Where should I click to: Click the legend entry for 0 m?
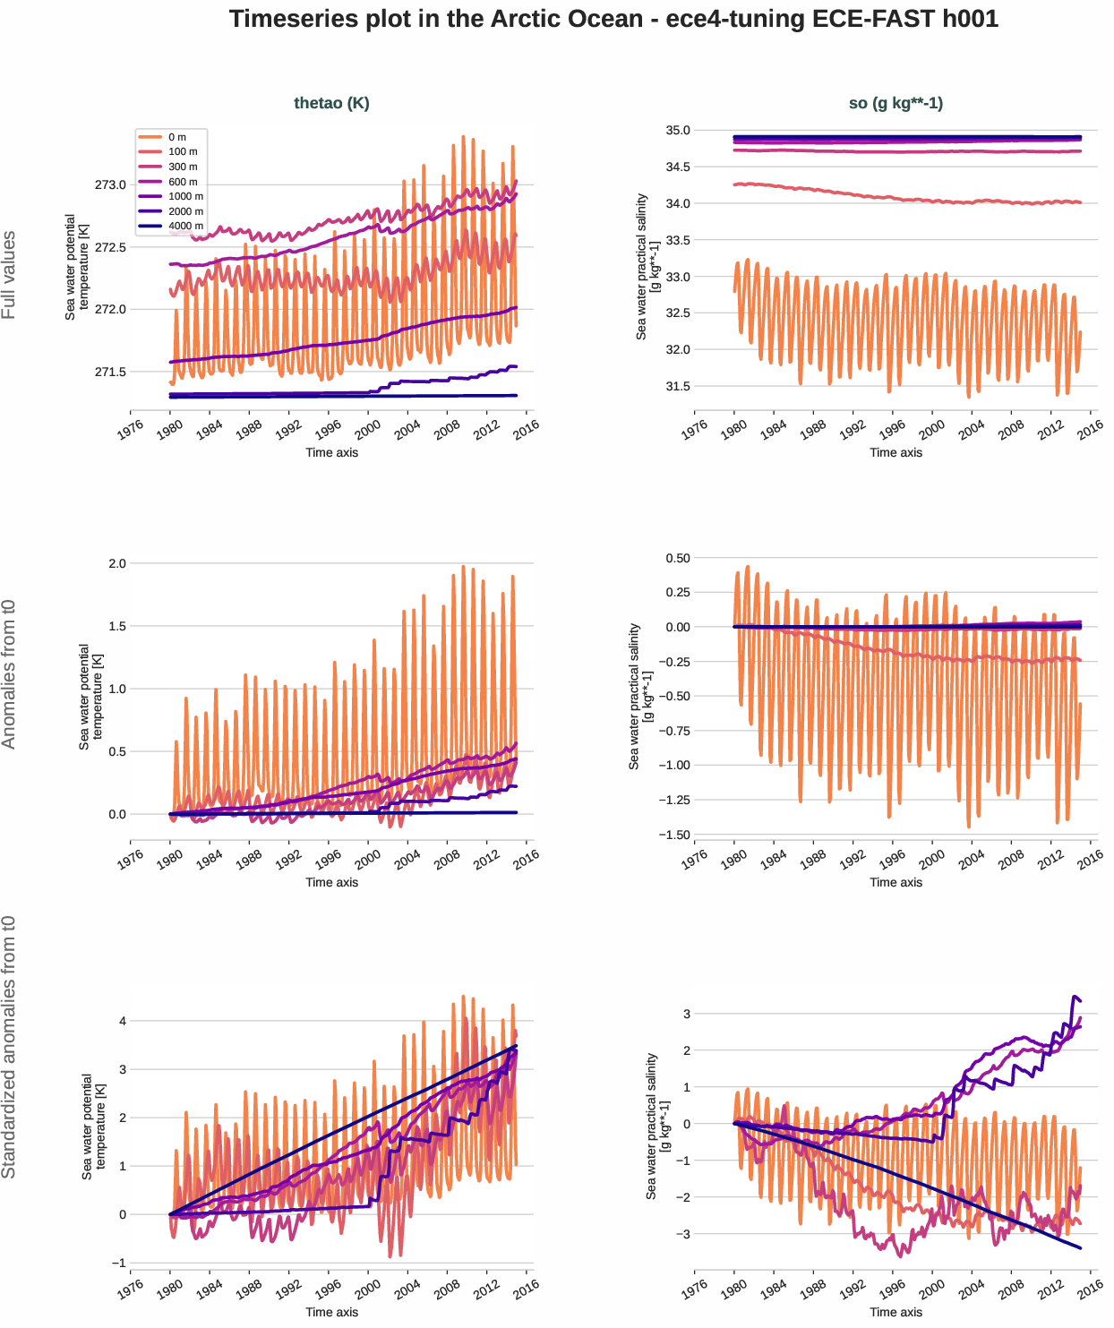click(x=176, y=137)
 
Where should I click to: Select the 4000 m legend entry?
click(x=185, y=226)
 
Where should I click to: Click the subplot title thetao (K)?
click(x=331, y=103)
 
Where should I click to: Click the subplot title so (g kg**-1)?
click(x=895, y=103)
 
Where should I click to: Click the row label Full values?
click(x=9, y=275)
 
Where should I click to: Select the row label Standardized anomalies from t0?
click(x=9, y=1047)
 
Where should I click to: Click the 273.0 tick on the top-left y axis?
click(x=111, y=184)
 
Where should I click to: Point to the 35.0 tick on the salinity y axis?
click(x=677, y=131)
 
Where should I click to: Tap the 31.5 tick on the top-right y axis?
click(x=677, y=387)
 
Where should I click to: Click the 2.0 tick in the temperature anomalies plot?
click(x=117, y=563)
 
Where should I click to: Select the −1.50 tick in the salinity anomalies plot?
click(x=672, y=835)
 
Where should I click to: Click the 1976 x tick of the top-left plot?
click(x=131, y=430)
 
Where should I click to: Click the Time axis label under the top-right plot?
click(x=895, y=452)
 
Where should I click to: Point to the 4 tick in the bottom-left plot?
click(x=123, y=1021)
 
